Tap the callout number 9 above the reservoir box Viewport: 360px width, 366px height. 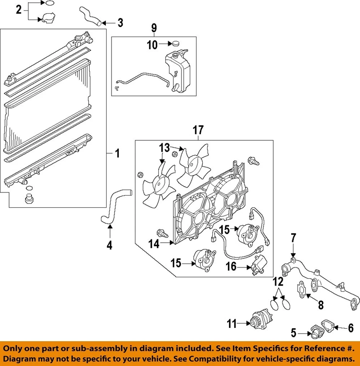pos(154,28)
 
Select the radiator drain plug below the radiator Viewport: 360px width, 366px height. pos(28,199)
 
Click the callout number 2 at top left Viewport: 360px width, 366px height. pos(19,10)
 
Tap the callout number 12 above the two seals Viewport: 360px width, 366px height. pos(279,283)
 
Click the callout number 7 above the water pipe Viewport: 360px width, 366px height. pos(293,238)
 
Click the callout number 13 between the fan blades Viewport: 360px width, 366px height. pos(164,147)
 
